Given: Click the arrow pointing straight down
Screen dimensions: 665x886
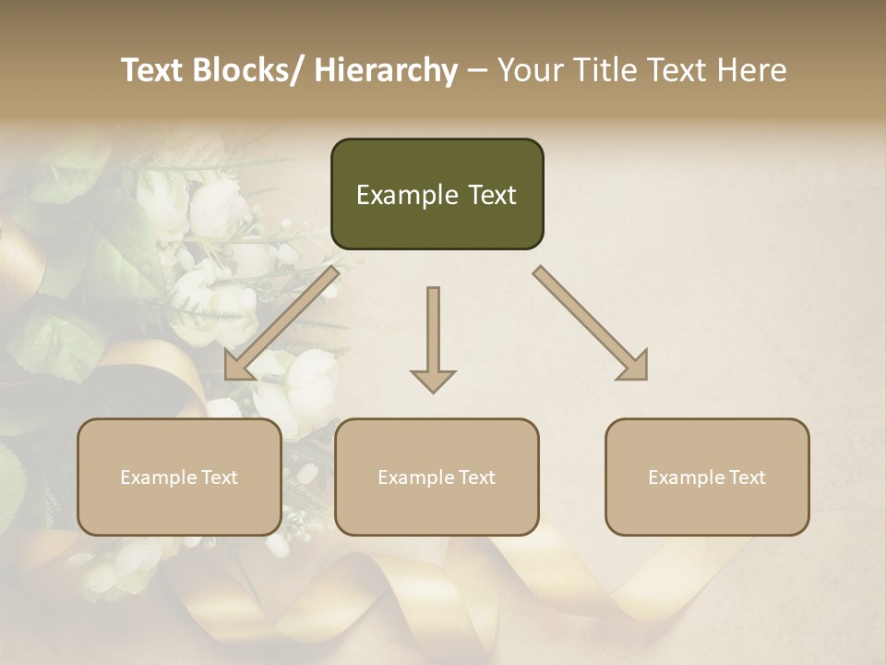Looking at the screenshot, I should (433, 342).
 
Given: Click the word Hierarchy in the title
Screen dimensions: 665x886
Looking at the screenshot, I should (385, 70).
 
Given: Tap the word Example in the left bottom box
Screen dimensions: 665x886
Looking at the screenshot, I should (159, 478).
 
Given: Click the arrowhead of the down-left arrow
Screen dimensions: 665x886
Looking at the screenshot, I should (237, 367).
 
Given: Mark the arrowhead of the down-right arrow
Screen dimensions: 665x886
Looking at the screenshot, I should (634, 367).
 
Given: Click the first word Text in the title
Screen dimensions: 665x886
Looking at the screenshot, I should (154, 70).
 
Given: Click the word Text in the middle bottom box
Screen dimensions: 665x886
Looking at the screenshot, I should (475, 478).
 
